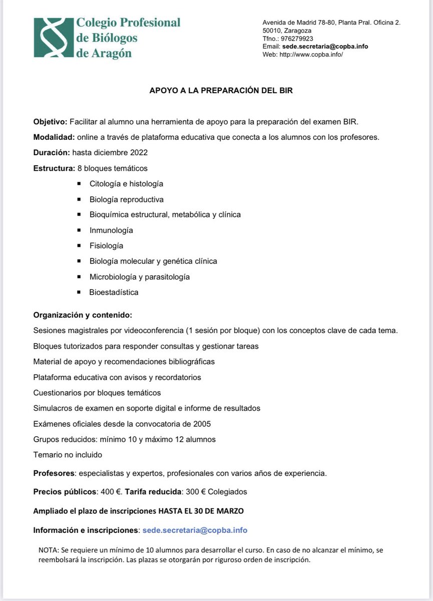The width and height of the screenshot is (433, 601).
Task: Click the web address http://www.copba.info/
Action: click(311, 55)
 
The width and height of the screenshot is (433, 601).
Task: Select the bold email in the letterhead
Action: click(325, 47)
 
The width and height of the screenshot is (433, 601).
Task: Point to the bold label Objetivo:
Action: click(50, 122)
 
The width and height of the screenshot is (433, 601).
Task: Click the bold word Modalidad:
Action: click(54, 137)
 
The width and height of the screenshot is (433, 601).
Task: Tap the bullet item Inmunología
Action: click(111, 230)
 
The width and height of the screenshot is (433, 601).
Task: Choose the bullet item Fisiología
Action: click(106, 246)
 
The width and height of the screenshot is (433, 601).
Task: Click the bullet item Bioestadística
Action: click(114, 292)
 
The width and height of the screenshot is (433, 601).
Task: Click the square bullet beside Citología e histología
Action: click(79, 184)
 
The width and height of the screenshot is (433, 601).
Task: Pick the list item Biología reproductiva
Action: click(127, 199)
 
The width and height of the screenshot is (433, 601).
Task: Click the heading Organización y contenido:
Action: click(83, 316)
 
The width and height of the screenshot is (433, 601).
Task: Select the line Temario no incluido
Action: click(68, 455)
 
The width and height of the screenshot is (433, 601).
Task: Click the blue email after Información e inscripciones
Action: click(195, 530)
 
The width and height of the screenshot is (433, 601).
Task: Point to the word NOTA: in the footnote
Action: click(48, 550)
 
